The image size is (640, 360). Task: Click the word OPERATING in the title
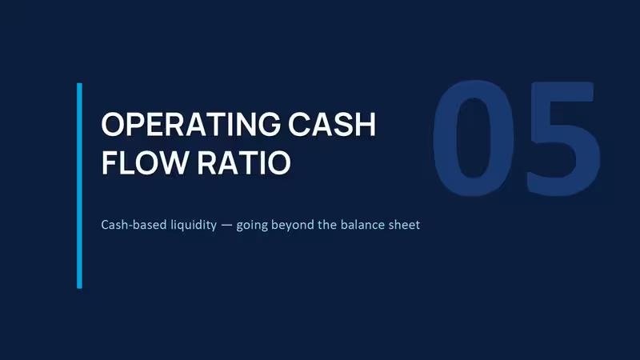point(191,124)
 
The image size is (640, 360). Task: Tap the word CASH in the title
point(332,124)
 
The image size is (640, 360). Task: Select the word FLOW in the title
point(146,163)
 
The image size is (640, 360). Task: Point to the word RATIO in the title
point(244,163)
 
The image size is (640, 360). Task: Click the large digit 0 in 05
point(474,138)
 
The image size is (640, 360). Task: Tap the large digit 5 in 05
point(562,138)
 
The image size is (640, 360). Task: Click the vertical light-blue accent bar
point(79,186)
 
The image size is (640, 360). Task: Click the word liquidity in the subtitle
point(194,226)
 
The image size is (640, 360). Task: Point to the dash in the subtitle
point(226,226)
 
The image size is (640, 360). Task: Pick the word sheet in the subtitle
point(404,225)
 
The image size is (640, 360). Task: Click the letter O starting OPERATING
point(113,124)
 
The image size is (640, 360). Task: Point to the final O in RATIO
point(279,163)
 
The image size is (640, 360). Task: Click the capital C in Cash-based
point(105,225)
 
